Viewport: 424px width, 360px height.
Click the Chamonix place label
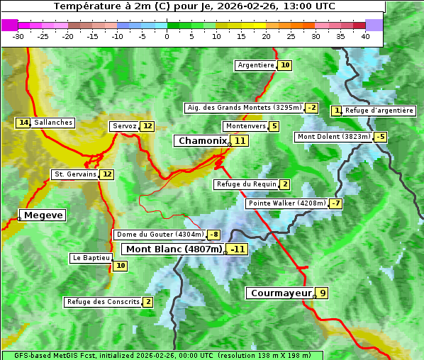click(202, 141)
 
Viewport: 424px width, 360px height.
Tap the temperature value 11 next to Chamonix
click(240, 141)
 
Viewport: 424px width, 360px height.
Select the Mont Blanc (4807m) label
click(174, 249)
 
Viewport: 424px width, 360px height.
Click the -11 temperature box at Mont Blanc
click(238, 249)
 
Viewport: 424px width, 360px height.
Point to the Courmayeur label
click(281, 293)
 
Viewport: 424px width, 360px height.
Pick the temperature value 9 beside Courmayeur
click(322, 293)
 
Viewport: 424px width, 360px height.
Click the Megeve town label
click(43, 215)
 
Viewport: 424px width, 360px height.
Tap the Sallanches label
click(53, 123)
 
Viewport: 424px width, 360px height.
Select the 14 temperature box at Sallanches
click(23, 123)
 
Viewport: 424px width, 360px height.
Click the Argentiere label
click(256, 65)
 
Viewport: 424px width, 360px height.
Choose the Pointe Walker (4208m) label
click(286, 203)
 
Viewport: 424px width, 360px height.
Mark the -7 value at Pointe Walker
click(335, 203)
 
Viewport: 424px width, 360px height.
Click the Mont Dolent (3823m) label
click(333, 137)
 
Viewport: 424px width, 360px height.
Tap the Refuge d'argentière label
click(379, 110)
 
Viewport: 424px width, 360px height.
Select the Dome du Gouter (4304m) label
click(160, 235)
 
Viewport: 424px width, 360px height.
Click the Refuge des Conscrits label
click(103, 302)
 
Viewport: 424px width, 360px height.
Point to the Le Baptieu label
click(90, 258)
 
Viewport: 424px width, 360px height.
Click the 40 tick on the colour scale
click(365, 36)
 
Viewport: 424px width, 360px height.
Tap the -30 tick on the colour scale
click(18, 36)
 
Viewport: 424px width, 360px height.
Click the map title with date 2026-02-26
click(194, 6)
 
